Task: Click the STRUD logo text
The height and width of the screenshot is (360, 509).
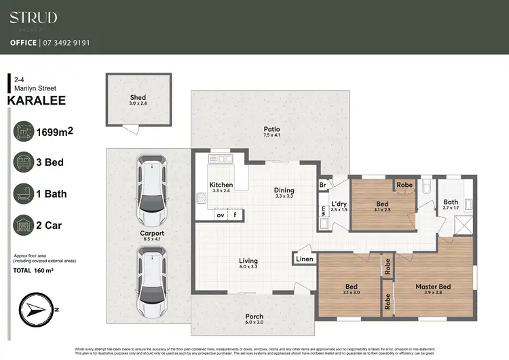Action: (x=33, y=18)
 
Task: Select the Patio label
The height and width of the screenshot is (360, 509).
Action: (x=271, y=130)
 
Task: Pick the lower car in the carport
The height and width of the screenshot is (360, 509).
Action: (x=151, y=280)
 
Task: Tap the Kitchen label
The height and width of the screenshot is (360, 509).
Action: (x=221, y=185)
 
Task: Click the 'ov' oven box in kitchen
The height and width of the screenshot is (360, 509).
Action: (x=220, y=215)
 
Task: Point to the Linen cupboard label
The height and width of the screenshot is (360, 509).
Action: (x=303, y=258)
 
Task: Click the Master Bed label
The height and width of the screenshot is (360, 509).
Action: (x=433, y=287)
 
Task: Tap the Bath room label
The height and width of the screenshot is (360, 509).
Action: (x=451, y=202)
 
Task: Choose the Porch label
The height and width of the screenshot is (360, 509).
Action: (x=254, y=317)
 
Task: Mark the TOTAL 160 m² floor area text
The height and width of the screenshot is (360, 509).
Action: (x=34, y=271)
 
